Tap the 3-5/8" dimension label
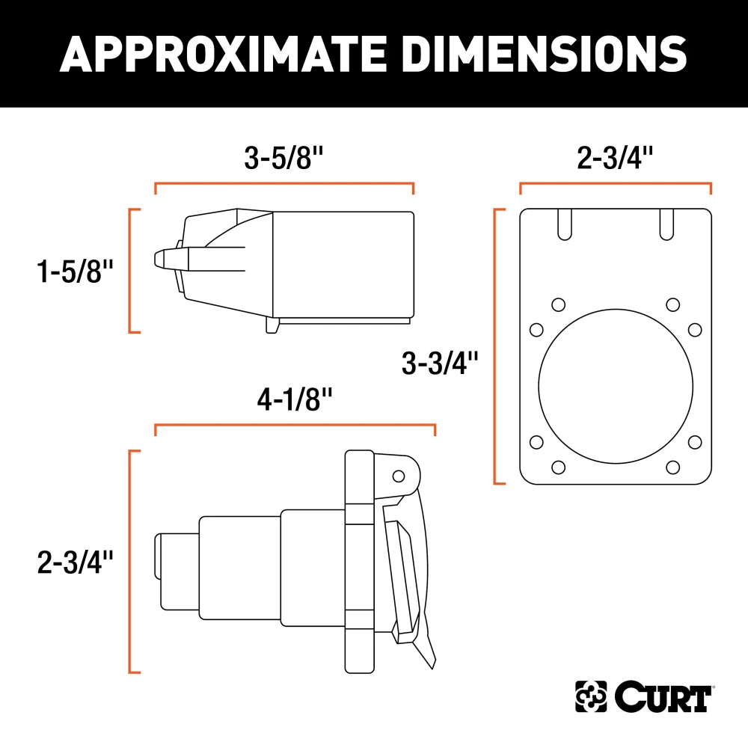pos(284,159)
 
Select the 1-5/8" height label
pos(73,271)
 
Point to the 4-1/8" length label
pos(294,402)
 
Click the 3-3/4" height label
pos(440,364)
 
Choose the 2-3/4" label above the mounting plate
pos(615,159)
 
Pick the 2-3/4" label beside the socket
pos(73,562)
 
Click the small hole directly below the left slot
pos(557,304)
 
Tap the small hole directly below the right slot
pos(672,304)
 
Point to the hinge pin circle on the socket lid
pos(399,476)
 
